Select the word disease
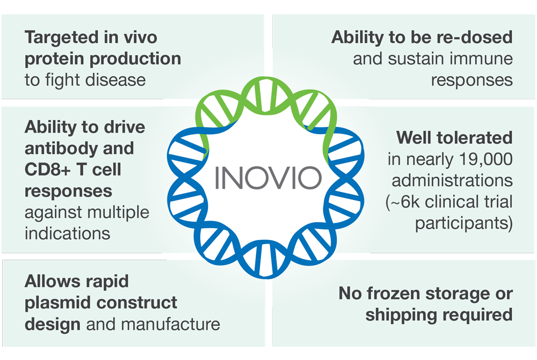click(x=115, y=80)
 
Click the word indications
click(x=68, y=233)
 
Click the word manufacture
click(x=171, y=325)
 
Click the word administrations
click(x=452, y=181)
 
